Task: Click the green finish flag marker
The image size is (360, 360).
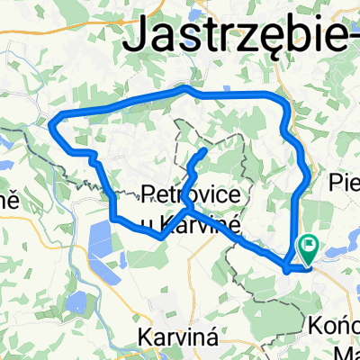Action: tap(309, 243)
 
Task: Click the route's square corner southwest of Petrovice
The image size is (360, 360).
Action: tap(114, 217)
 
